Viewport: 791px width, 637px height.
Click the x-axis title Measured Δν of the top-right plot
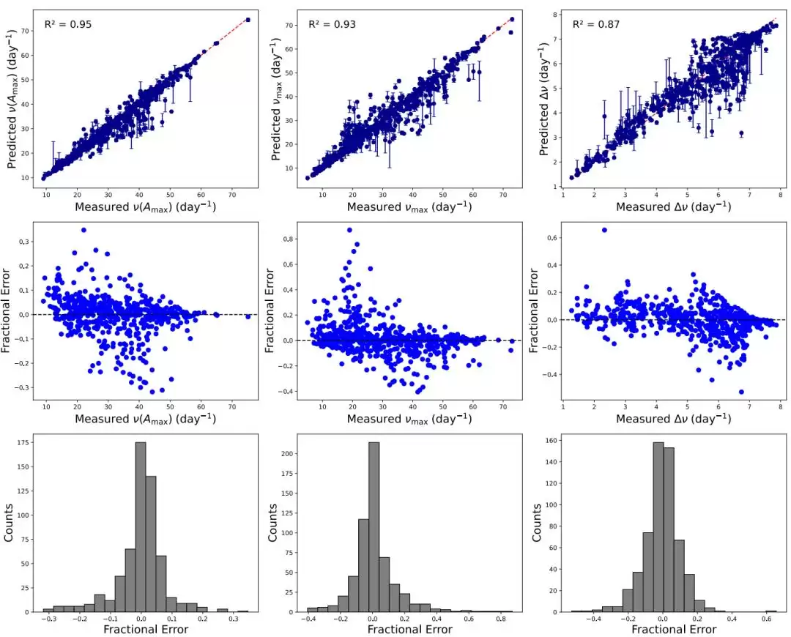pyautogui.click(x=673, y=207)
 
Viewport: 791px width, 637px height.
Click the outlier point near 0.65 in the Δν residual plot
pyautogui.click(x=604, y=230)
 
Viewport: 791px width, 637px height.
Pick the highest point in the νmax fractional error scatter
pyautogui.click(x=349, y=230)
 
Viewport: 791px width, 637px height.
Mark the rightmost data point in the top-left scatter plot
pyautogui.click(x=248, y=20)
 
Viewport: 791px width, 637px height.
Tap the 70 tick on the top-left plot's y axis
pyautogui.click(x=26, y=31)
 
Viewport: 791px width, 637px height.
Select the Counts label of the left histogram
pyautogui.click(x=10, y=523)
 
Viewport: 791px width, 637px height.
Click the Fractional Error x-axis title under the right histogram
pyautogui.click(x=673, y=630)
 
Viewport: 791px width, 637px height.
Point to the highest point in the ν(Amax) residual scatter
pyautogui.click(x=83, y=230)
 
